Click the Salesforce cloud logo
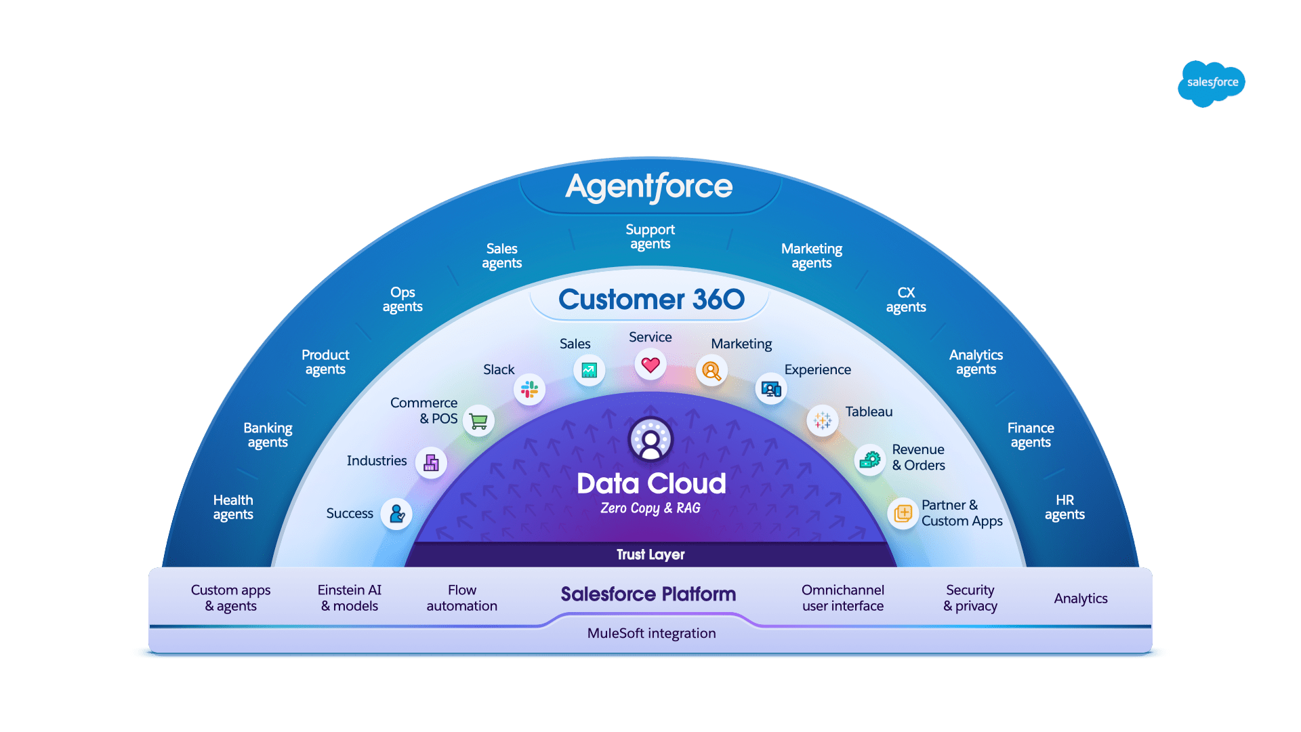[x=1212, y=83]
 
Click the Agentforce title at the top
[x=649, y=186]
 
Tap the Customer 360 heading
[x=650, y=300]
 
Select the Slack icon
[x=529, y=390]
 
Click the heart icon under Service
[x=650, y=365]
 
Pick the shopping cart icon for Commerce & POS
[x=479, y=422]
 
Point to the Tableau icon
[x=822, y=421]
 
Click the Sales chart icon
[x=589, y=371]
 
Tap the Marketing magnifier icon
[x=711, y=371]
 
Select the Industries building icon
[x=431, y=463]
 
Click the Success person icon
[x=396, y=514]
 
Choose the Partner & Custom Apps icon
[x=903, y=514]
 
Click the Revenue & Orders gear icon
[x=869, y=461]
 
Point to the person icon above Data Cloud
[x=650, y=439]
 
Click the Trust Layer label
[x=650, y=555]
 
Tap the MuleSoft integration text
[x=651, y=634]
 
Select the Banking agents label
[x=268, y=435]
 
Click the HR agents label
[x=1065, y=507]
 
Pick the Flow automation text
[x=461, y=598]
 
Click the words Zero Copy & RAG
[x=650, y=508]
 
